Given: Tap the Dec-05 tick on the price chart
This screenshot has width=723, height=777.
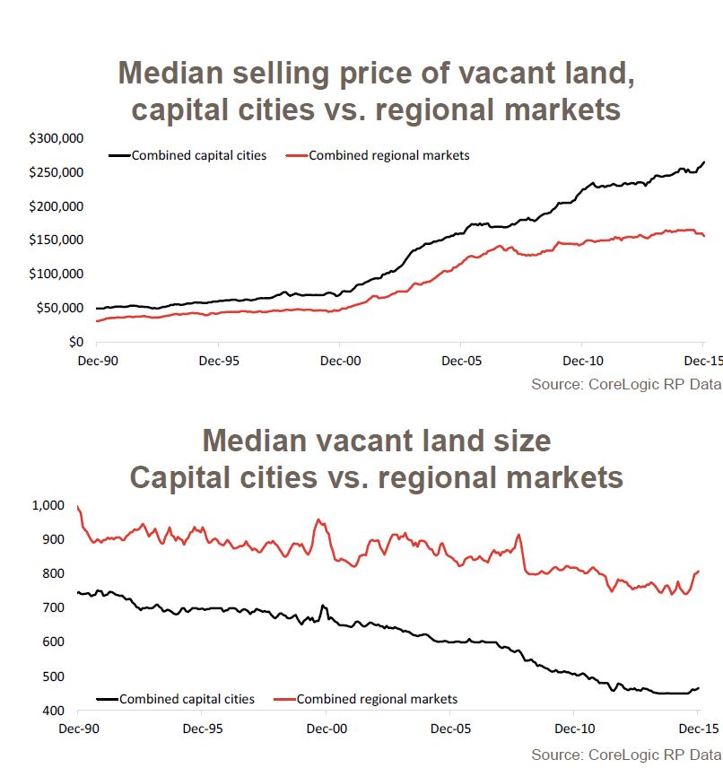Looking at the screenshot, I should click(460, 359).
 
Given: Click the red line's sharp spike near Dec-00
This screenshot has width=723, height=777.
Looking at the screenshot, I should click(318, 519).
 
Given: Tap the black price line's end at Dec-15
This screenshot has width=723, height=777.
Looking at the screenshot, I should click(703, 162).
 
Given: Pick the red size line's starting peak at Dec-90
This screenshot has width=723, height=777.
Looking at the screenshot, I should click(78, 507).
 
